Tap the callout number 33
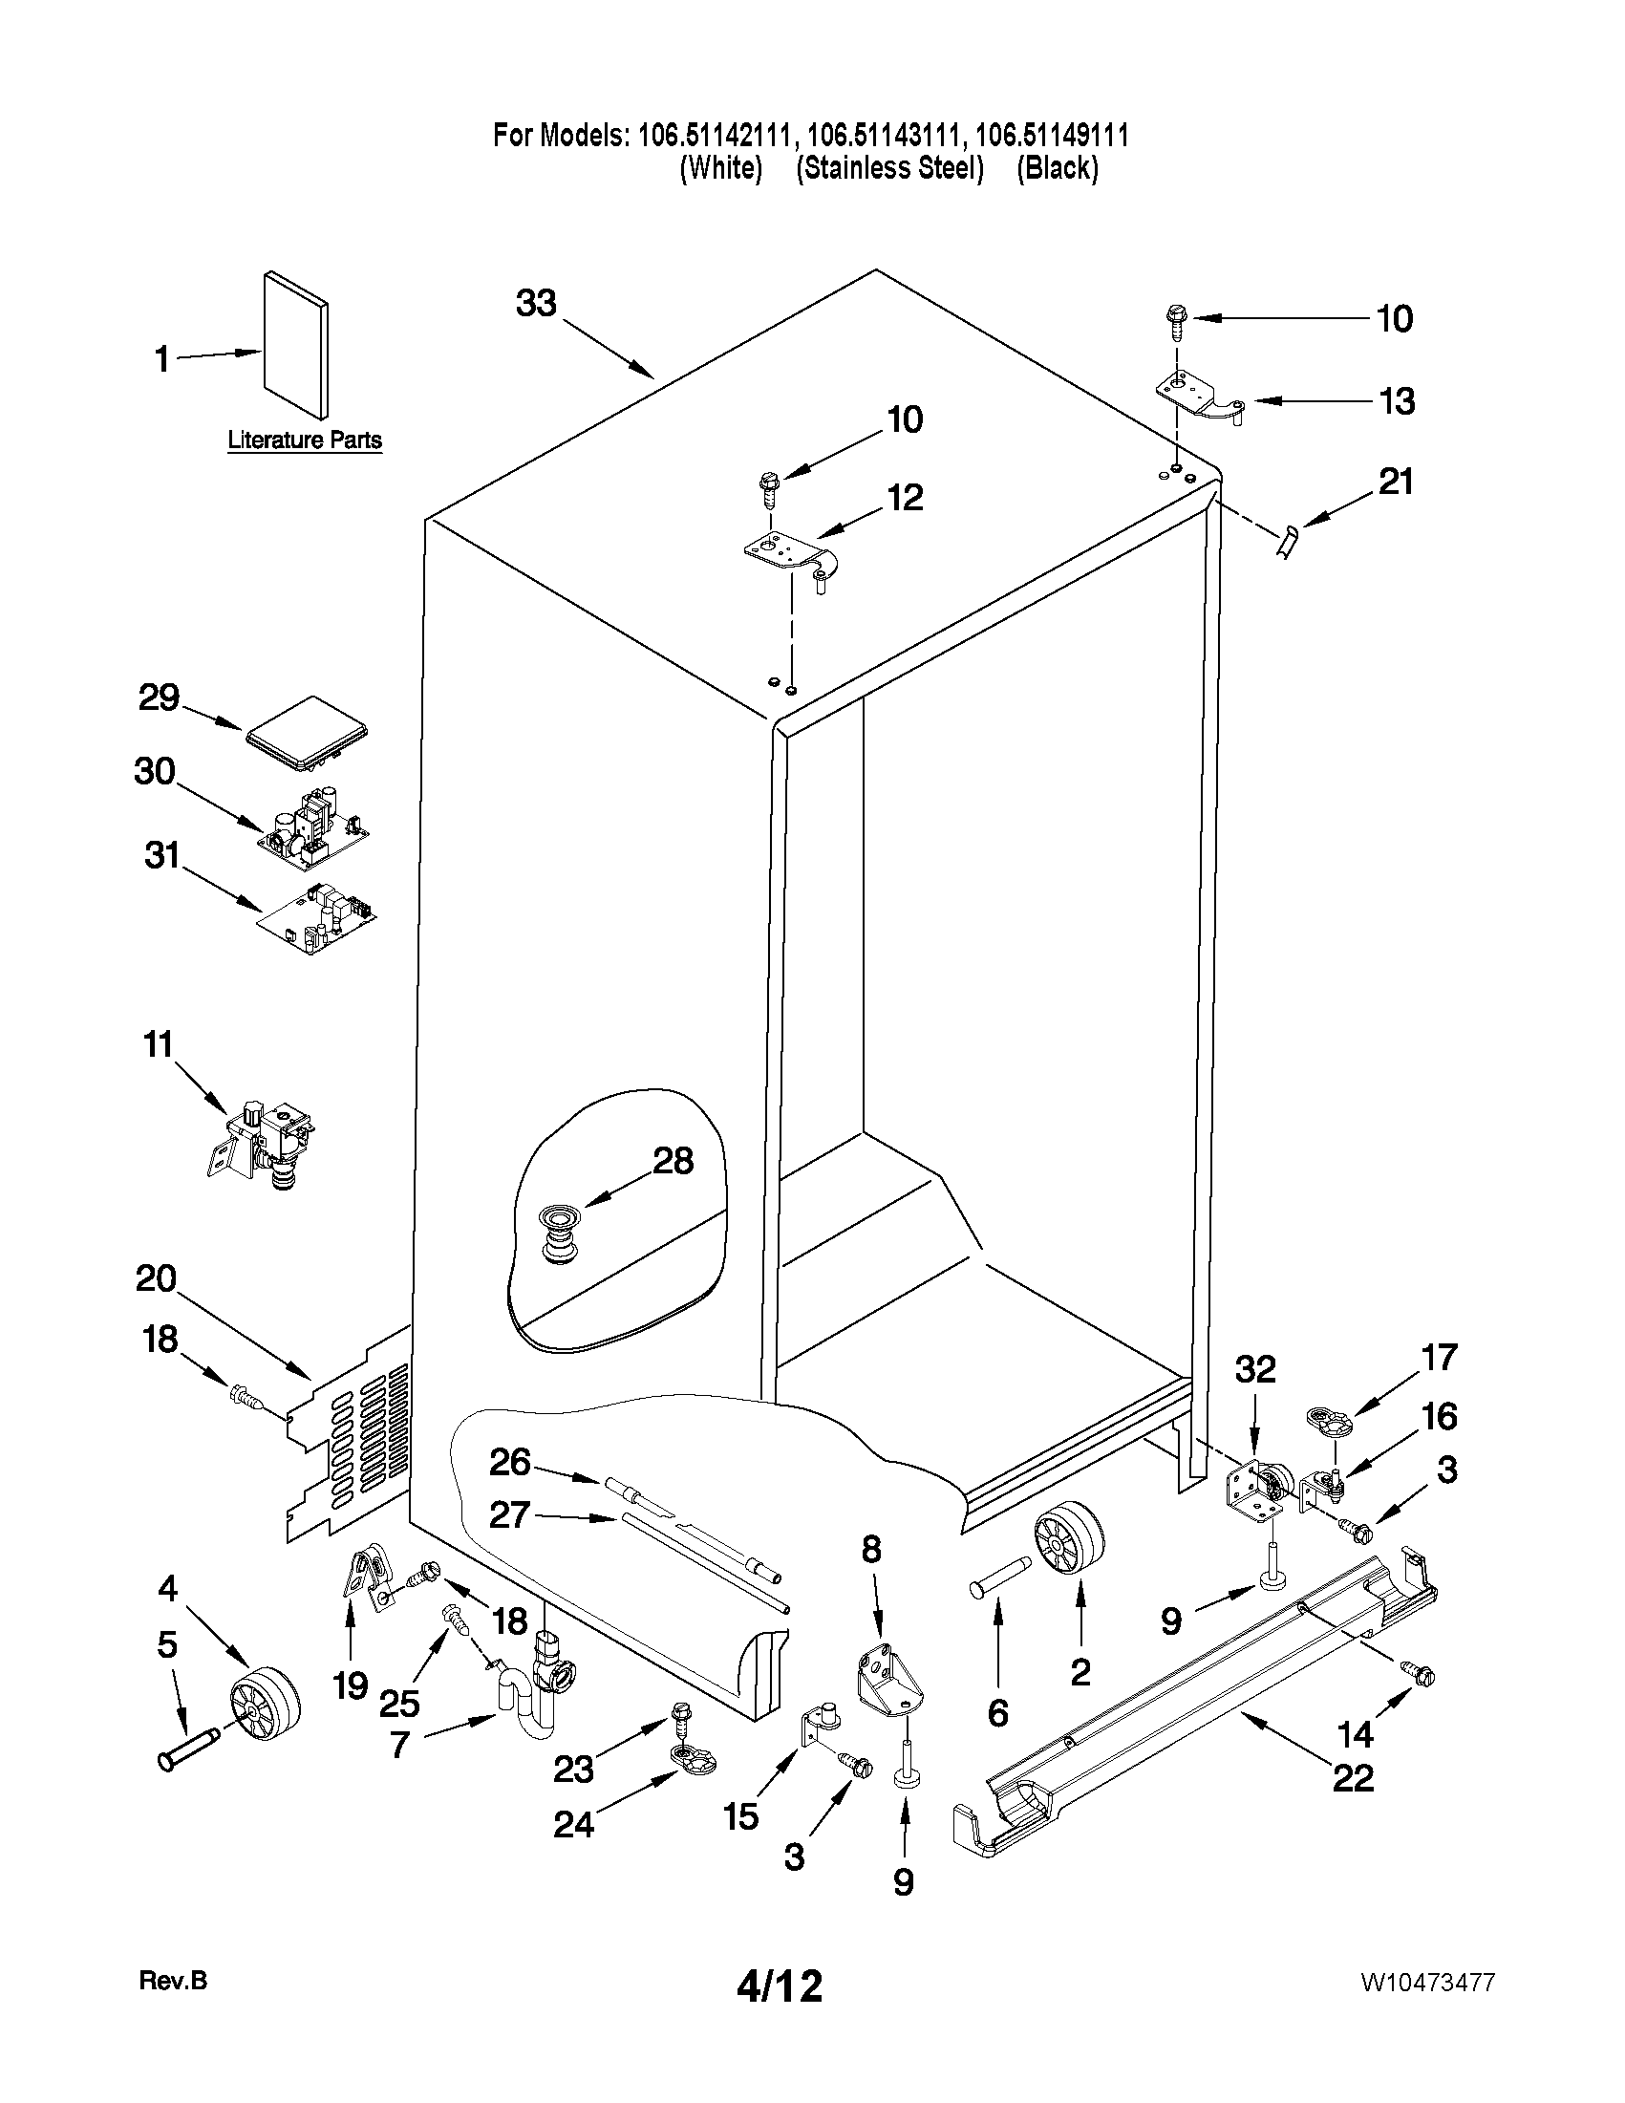click(536, 303)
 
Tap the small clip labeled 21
click(1288, 541)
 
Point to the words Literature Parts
click(304, 440)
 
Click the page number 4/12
click(779, 1985)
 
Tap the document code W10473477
click(1427, 1982)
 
